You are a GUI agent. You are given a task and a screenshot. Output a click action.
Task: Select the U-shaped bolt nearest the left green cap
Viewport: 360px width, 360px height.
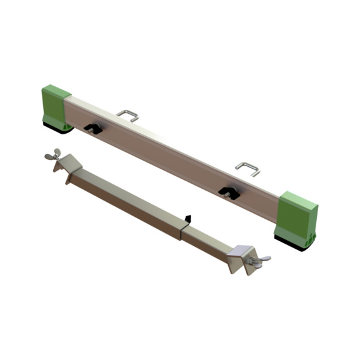[x=128, y=114]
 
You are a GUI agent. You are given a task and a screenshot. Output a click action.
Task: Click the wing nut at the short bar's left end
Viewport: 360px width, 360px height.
[x=51, y=156]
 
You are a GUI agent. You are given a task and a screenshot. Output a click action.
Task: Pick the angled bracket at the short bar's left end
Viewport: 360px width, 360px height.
[x=67, y=168]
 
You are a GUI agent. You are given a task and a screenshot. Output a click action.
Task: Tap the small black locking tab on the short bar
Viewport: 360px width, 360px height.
[x=186, y=219]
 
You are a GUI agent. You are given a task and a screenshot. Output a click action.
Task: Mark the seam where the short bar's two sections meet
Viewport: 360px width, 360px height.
[x=182, y=229]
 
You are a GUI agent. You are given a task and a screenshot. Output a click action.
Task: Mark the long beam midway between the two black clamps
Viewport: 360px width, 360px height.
[x=161, y=156]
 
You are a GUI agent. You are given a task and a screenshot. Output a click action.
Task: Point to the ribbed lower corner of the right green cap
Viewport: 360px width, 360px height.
[x=311, y=232]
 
